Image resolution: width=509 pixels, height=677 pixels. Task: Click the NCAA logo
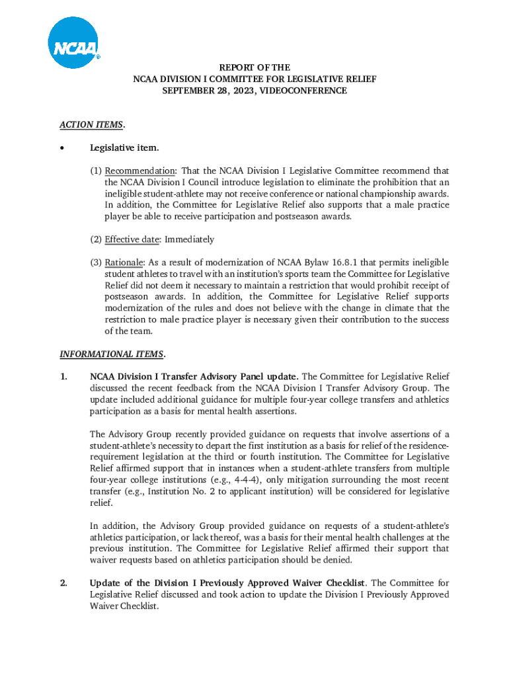click(73, 43)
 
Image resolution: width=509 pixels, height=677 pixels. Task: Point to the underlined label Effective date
click(132, 239)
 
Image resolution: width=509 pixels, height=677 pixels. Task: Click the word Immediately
click(189, 239)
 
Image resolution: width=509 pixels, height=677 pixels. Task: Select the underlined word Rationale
click(124, 262)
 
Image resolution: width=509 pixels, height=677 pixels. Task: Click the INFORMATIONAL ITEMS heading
click(112, 354)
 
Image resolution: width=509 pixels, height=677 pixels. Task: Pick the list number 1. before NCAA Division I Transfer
click(63, 377)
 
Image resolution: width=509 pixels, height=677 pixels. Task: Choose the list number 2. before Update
click(64, 583)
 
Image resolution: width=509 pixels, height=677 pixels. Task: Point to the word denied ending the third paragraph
click(338, 560)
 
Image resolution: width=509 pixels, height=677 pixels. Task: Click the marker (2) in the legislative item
click(97, 239)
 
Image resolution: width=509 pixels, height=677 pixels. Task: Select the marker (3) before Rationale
click(97, 262)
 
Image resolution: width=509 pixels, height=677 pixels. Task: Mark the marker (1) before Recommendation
click(97, 171)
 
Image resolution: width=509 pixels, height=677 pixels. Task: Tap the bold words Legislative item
click(124, 147)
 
